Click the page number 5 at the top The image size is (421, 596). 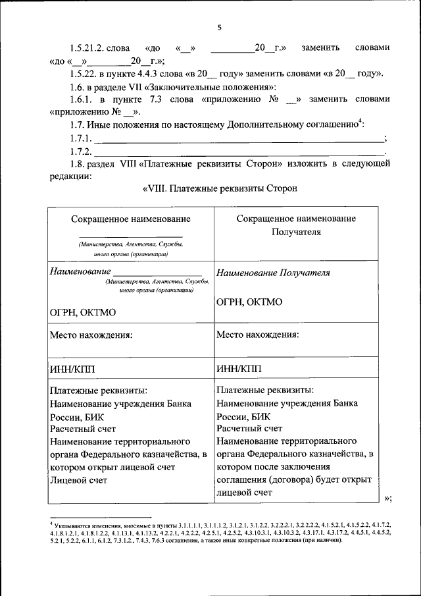[220, 28]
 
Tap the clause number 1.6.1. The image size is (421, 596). [82, 99]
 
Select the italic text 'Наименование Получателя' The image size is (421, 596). [273, 272]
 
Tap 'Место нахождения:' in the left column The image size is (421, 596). [91, 335]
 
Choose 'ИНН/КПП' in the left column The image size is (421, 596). [72, 369]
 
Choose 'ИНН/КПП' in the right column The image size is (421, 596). [238, 369]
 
